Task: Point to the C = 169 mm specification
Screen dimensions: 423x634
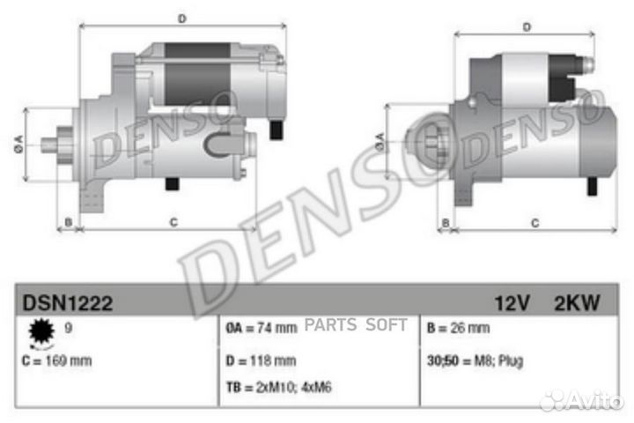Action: click(x=56, y=360)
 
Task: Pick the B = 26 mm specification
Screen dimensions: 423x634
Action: click(x=457, y=329)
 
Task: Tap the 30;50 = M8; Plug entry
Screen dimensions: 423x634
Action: click(x=474, y=360)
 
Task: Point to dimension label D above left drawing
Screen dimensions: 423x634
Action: click(x=181, y=18)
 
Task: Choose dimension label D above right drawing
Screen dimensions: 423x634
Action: click(x=526, y=27)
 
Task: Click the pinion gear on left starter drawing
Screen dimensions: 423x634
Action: click(x=63, y=145)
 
